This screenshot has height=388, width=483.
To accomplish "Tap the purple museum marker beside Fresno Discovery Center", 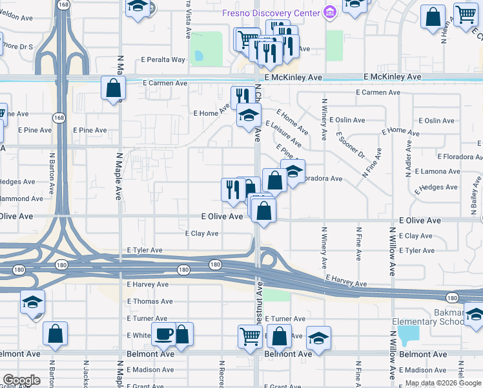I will click(330, 12).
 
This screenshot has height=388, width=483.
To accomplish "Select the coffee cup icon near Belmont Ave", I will click(163, 334).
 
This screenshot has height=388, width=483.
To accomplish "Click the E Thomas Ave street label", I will click(150, 301).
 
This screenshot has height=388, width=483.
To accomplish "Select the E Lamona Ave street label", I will click(437, 171).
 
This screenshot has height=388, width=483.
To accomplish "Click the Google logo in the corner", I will click(21, 380).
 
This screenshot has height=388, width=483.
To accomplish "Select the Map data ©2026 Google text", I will click(443, 383).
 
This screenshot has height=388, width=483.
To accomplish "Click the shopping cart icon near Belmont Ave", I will click(250, 336).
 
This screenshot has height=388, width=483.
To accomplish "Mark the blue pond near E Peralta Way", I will click(199, 56).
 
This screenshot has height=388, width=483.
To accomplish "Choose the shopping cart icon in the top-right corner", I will click(466, 14).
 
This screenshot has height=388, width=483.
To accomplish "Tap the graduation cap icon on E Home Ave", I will click(248, 116).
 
